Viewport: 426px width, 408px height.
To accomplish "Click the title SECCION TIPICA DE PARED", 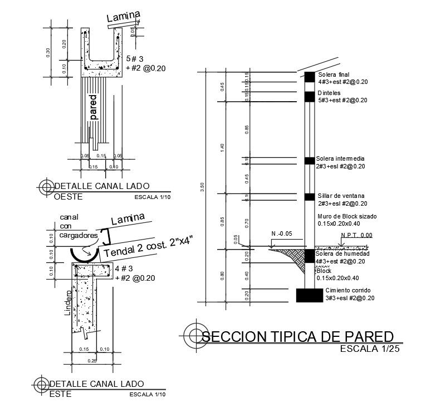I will [297, 336].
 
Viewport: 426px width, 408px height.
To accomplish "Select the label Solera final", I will [333, 74].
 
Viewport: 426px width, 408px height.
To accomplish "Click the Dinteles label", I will [329, 93].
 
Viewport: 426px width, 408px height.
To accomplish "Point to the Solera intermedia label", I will [340, 158].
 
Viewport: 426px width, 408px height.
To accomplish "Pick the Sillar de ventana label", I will [341, 196].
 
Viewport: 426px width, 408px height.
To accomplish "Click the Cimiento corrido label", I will [347, 291].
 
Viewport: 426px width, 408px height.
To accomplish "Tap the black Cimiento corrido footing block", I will [310, 295].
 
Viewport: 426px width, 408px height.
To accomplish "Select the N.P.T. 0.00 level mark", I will [356, 236].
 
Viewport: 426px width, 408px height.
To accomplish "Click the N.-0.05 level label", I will [282, 233].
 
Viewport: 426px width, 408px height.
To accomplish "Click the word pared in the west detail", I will [93, 107].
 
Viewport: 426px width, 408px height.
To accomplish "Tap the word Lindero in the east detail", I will [68, 302].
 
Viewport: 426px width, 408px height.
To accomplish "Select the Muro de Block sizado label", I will [347, 216].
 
